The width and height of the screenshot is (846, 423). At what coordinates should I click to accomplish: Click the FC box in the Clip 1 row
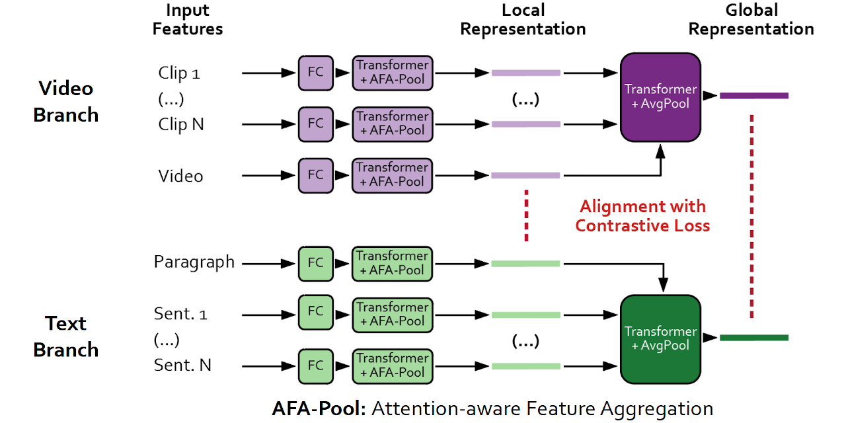[315, 73]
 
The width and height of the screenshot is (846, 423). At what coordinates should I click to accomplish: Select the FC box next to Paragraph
[315, 263]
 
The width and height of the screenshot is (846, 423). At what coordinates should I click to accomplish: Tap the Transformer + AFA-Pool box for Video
[393, 175]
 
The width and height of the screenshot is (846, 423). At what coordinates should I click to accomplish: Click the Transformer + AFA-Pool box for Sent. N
[393, 365]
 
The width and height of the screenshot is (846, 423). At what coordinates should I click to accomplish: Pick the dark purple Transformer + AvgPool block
[660, 97]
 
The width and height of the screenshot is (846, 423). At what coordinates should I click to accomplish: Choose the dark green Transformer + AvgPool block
[660, 338]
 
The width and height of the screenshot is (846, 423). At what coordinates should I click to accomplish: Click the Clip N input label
[181, 124]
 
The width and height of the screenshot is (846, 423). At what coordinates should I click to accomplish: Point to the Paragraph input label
[194, 262]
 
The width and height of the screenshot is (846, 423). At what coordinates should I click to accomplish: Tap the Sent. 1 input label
[181, 314]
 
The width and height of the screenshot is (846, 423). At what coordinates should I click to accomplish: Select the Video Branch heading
[66, 101]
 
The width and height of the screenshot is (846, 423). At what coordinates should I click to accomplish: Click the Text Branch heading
[66, 336]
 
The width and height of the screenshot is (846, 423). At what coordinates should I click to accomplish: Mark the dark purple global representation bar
[754, 96]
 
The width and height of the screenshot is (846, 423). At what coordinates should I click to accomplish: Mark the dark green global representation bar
[754, 338]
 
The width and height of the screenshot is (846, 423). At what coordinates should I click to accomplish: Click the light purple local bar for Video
[525, 175]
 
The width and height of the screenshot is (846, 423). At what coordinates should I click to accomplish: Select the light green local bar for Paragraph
[525, 264]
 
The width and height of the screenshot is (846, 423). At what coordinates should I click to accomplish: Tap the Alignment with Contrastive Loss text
[642, 216]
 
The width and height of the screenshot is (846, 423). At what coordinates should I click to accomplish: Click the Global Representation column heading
[751, 20]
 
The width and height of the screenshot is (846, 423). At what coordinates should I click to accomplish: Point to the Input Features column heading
[188, 20]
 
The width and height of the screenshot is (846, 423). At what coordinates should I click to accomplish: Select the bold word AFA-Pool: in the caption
[319, 408]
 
